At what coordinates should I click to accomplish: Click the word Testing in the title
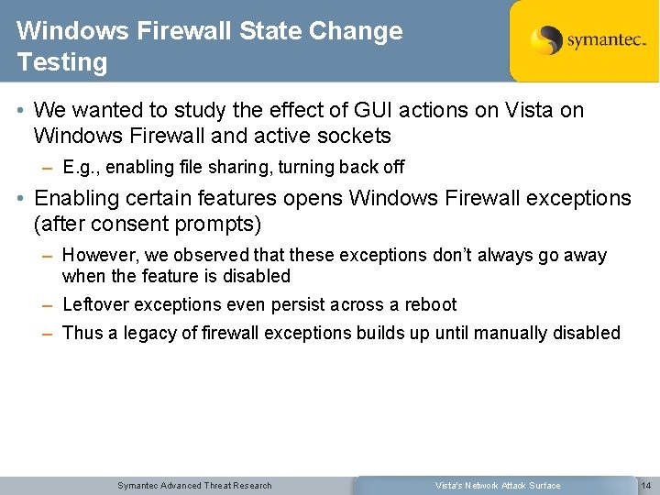tap(61, 63)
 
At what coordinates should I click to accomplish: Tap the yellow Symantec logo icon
tap(546, 40)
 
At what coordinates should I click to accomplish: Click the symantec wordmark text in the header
tap(606, 41)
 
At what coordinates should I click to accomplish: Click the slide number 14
tap(645, 485)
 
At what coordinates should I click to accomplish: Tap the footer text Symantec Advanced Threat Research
tap(194, 485)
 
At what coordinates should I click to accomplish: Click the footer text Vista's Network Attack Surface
tap(498, 485)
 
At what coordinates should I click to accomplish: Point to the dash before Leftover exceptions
tap(47, 305)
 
